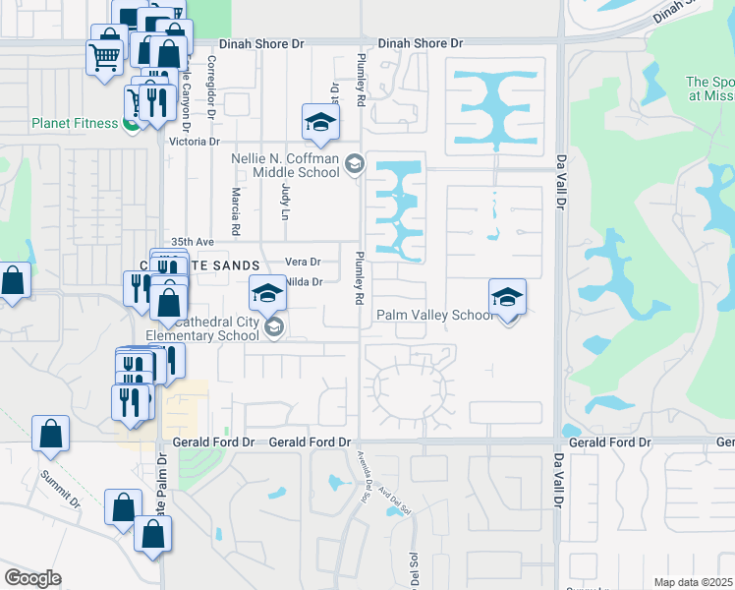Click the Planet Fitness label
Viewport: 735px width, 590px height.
coord(74,124)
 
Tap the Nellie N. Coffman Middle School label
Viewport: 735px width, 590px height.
coord(285,165)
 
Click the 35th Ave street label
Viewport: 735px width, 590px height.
coord(192,241)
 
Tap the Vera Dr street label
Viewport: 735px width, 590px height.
coord(303,262)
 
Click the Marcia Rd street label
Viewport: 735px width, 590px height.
coord(237,211)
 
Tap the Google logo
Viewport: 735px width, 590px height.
coord(32,578)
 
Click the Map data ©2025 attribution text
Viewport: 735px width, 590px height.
coord(693,582)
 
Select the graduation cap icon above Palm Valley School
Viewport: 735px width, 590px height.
coord(507,297)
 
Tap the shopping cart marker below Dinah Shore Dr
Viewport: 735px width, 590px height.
coord(105,56)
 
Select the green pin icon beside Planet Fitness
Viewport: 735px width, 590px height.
coord(130,124)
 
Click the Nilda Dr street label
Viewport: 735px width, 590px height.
coord(305,282)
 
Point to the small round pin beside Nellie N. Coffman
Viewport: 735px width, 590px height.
coord(355,165)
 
